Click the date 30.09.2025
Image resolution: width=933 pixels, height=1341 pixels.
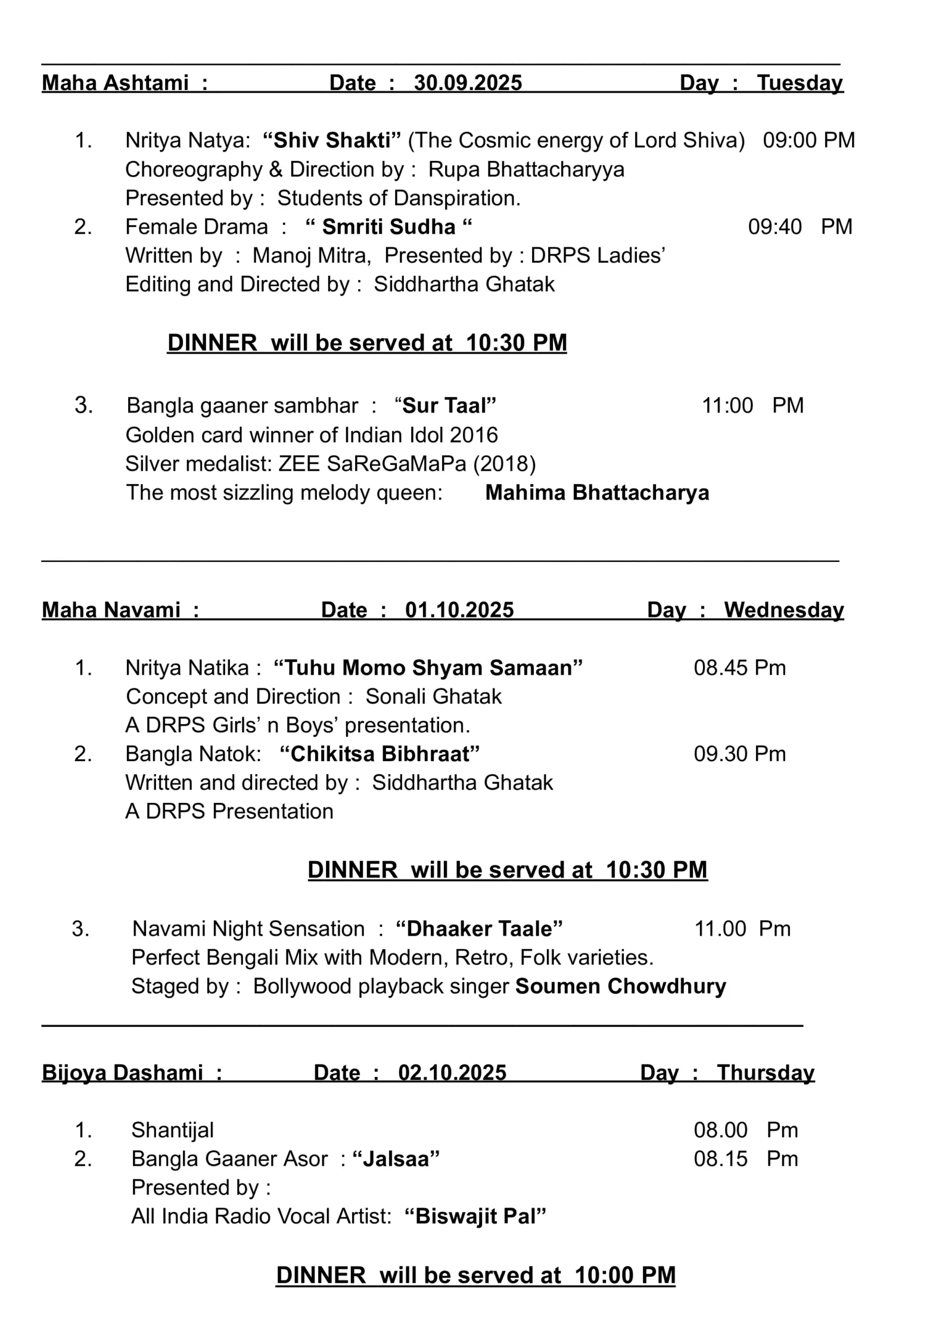click(x=468, y=83)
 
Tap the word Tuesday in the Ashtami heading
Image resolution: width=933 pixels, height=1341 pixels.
click(x=800, y=83)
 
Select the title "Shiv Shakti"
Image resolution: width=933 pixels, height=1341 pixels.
click(x=332, y=141)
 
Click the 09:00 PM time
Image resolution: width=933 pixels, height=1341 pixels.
click(x=808, y=141)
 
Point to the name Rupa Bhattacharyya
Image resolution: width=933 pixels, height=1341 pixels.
click(x=526, y=170)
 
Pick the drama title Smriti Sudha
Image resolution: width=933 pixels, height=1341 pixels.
click(x=388, y=227)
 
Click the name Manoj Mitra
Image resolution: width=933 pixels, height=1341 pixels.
click(x=309, y=256)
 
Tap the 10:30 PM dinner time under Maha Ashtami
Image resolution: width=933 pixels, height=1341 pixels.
click(x=517, y=343)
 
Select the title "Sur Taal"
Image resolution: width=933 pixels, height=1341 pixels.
click(x=446, y=406)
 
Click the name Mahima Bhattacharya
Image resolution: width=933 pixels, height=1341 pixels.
click(x=597, y=493)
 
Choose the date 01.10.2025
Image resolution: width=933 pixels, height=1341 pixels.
click(x=459, y=610)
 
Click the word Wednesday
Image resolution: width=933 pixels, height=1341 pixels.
click(x=783, y=610)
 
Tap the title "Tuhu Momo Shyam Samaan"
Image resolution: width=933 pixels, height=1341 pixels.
click(x=428, y=668)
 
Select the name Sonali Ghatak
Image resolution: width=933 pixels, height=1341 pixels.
click(x=433, y=697)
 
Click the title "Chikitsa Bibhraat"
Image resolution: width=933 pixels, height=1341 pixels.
click(x=380, y=755)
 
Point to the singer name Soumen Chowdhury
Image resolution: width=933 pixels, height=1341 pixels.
click(x=620, y=986)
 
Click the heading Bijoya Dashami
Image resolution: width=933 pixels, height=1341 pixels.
click(x=123, y=1073)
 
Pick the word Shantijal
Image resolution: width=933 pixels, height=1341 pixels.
click(x=172, y=1130)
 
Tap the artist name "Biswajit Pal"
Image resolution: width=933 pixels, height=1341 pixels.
click(x=475, y=1216)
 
